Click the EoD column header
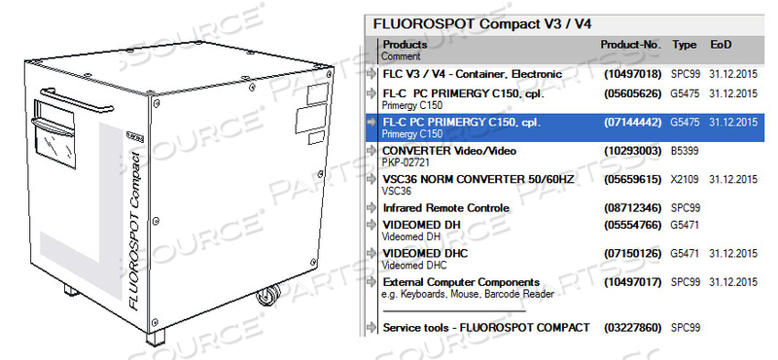(x=722, y=45)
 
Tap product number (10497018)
(x=632, y=73)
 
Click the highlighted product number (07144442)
(x=632, y=123)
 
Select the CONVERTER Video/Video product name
(x=449, y=151)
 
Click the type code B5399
(x=686, y=151)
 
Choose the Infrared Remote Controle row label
(x=445, y=208)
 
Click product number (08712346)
(x=632, y=208)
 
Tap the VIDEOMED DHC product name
(x=425, y=253)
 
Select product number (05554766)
(x=632, y=225)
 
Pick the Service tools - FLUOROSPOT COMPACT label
(x=486, y=327)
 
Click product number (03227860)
(x=632, y=327)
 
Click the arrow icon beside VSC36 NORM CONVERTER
(x=371, y=180)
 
